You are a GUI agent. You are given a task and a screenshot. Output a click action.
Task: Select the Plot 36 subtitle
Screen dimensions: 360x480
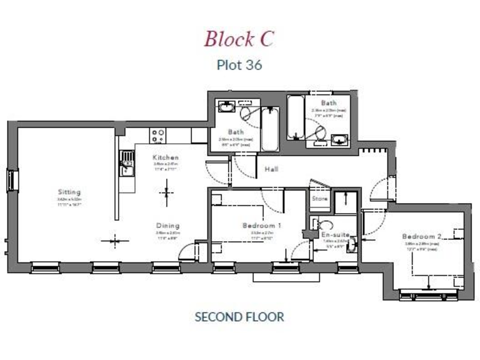239,64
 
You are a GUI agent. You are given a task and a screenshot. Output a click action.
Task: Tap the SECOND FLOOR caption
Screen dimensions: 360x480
239,316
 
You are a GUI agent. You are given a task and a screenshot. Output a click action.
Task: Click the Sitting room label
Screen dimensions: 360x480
69,192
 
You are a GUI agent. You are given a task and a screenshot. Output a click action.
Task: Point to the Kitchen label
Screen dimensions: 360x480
166,157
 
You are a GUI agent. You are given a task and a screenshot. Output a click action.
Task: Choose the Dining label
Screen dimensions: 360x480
167,226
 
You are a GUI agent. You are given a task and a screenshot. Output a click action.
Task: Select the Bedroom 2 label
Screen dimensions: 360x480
422,236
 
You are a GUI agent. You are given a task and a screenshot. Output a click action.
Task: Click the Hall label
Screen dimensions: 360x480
271,169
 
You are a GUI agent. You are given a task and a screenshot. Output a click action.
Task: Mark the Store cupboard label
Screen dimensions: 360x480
319,199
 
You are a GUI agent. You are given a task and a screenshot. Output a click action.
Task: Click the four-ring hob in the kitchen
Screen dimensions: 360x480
157,134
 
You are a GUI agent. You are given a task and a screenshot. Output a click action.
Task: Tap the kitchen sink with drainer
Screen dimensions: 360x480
127,164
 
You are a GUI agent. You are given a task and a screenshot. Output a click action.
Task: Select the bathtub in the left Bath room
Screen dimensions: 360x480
271,129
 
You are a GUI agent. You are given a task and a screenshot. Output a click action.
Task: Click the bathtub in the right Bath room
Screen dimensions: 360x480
296,117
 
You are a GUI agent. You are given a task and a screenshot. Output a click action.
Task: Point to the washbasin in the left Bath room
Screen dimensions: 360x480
225,107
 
